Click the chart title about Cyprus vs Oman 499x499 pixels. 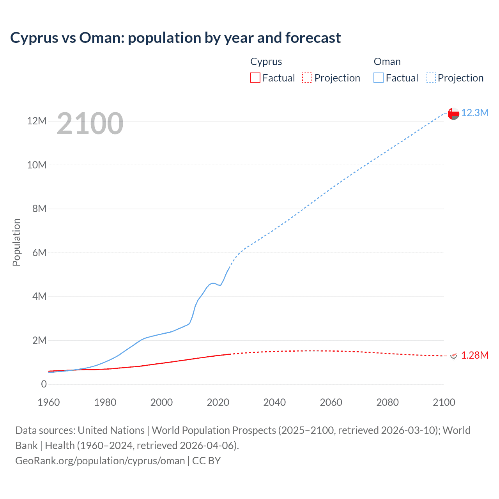[x=175, y=38]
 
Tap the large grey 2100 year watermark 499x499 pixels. [x=90, y=124]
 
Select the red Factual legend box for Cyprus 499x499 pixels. [x=255, y=78]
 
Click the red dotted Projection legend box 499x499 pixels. [x=307, y=78]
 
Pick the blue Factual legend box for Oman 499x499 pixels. [x=379, y=78]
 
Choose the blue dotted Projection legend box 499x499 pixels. [x=430, y=78]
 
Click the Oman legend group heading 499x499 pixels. [x=387, y=62]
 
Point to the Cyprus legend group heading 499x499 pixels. [x=266, y=62]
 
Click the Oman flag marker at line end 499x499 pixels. [x=453, y=113]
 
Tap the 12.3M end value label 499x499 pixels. [x=474, y=113]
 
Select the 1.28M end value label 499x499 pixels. [x=474, y=356]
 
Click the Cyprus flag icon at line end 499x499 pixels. [x=453, y=356]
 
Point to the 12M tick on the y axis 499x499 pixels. [x=37, y=121]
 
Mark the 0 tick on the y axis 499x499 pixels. [x=44, y=384]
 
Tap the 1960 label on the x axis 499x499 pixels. [x=49, y=402]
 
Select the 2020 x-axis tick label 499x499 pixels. [x=218, y=402]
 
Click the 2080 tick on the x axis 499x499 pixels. [x=387, y=402]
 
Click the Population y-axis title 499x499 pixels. [x=16, y=242]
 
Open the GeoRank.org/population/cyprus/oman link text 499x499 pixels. [x=100, y=461]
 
